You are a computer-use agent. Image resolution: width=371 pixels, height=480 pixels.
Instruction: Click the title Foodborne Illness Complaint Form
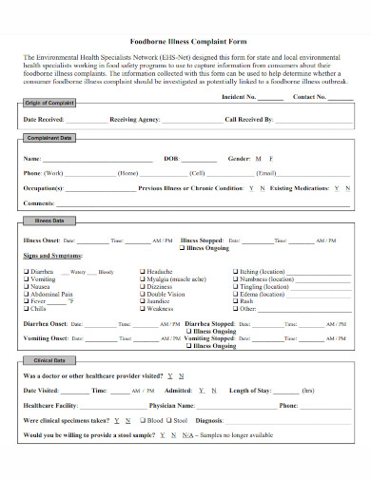tap(186, 41)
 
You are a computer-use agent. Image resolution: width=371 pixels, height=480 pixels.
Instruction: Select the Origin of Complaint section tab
tap(49, 102)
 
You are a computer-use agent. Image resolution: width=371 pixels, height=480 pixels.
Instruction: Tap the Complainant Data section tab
tap(49, 139)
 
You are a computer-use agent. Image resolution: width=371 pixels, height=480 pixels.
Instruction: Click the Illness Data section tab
tap(49, 221)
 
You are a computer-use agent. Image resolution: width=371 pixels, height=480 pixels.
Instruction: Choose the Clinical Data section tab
tap(49, 361)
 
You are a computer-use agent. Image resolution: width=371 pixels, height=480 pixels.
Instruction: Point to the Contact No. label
tap(309, 96)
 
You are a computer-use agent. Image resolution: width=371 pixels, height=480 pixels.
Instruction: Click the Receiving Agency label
tap(135, 120)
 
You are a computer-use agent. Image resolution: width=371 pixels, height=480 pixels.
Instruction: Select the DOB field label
tap(171, 158)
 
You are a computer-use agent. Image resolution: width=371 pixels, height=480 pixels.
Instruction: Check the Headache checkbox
tap(143, 271)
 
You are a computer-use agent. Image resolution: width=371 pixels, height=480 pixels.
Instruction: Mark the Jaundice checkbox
tap(143, 301)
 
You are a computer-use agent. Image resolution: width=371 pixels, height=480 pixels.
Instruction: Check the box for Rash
tap(235, 301)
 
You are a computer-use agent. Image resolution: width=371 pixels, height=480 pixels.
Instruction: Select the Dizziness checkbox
tap(143, 286)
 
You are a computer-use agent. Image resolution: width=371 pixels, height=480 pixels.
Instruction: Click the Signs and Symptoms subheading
tap(52, 256)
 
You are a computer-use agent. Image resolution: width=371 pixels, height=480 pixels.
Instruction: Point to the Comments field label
tap(39, 203)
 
